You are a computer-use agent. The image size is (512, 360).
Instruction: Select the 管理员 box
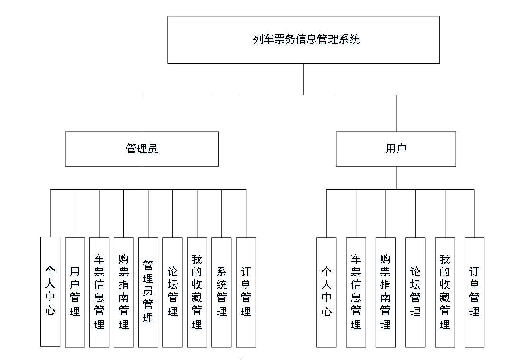point(142,149)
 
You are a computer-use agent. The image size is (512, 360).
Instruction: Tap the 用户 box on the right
point(396,149)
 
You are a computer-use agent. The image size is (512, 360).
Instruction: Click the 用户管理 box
point(75,292)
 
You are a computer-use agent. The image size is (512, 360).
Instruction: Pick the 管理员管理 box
point(148,292)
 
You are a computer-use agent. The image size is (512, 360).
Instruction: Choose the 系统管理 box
point(221,292)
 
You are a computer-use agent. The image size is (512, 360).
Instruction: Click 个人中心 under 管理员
point(50,292)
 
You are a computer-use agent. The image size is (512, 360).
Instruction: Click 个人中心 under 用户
point(326,292)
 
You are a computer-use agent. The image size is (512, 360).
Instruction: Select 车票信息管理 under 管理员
point(99,292)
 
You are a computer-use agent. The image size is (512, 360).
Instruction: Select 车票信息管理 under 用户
point(356,292)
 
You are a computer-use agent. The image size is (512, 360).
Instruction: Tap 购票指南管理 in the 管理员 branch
point(123,292)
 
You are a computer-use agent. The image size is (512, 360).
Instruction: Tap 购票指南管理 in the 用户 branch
point(385,292)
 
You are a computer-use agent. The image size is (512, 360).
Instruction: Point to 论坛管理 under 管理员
point(172,292)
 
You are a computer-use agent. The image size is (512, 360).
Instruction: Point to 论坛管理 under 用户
point(415,292)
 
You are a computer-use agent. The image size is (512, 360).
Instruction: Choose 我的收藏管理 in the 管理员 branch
point(197,292)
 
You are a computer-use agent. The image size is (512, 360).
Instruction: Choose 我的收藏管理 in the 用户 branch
point(445,292)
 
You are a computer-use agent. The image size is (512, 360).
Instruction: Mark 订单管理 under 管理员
point(246,292)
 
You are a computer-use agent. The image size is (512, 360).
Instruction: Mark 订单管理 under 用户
point(474,292)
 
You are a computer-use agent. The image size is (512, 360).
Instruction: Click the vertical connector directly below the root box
point(303,79)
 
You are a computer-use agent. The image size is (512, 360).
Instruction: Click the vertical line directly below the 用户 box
point(396,178)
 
